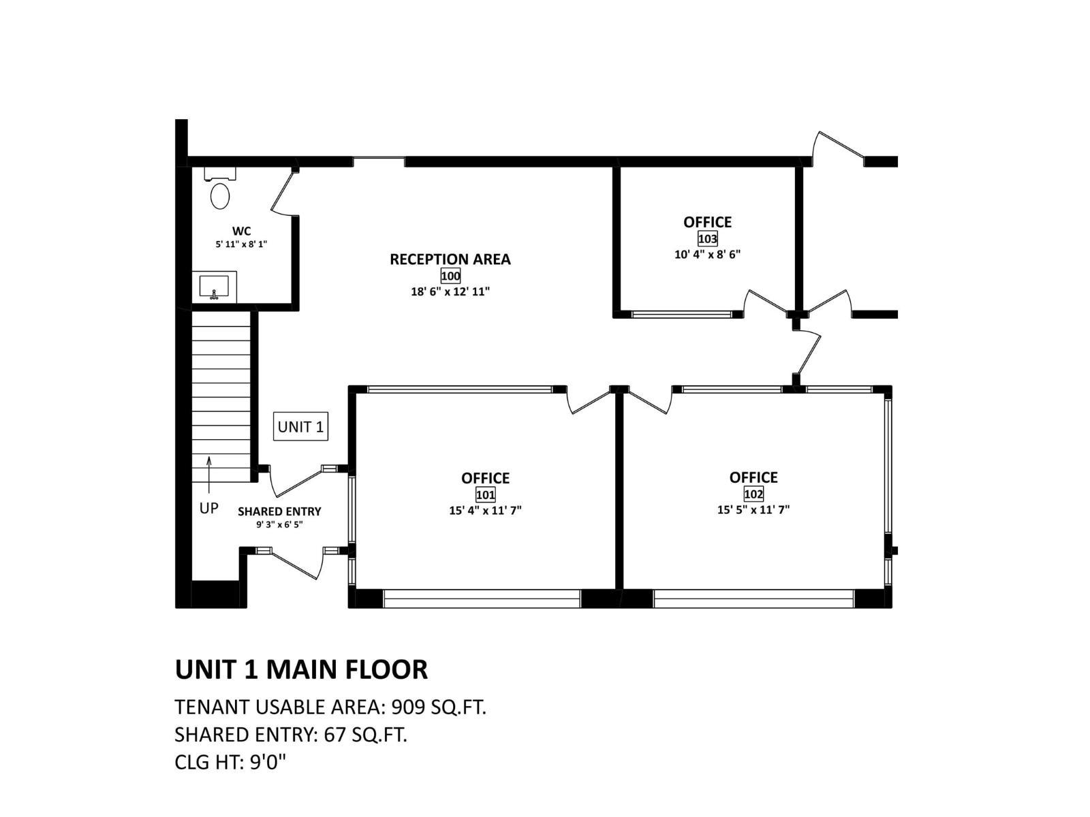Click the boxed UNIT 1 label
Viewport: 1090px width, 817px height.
[300, 427]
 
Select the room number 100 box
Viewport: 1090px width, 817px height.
[450, 276]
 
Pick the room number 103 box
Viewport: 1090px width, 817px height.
[707, 239]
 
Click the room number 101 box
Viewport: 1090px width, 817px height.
[485, 495]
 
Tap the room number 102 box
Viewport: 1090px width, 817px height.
[753, 494]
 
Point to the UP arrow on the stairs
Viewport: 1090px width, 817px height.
[209, 474]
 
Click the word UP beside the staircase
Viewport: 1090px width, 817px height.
[208, 509]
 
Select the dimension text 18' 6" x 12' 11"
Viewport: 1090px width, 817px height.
[450, 291]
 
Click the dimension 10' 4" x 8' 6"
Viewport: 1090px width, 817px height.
[707, 255]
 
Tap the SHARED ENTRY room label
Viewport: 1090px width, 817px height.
[279, 511]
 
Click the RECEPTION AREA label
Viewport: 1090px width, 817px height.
[450, 259]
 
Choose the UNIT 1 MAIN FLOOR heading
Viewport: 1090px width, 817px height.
[301, 669]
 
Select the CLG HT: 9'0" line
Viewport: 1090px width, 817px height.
[230, 762]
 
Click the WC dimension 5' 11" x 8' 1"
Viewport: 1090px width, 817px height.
[241, 244]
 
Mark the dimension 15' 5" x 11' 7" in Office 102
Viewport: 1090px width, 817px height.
[753, 509]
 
